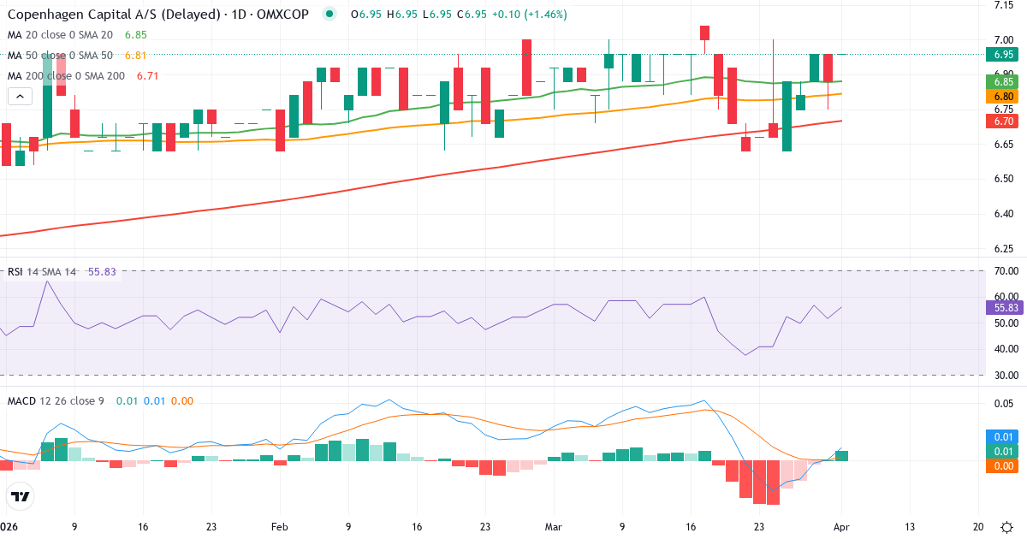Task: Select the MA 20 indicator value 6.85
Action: click(135, 35)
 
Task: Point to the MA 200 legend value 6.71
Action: click(147, 76)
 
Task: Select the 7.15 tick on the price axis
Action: click(1004, 5)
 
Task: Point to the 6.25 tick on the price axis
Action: click(1004, 249)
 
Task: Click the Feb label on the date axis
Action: click(280, 527)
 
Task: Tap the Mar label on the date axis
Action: click(554, 527)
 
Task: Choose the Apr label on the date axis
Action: click(841, 527)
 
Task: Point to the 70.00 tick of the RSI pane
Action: click(1004, 271)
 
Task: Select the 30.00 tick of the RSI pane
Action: click(1004, 375)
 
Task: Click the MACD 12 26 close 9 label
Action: click(56, 400)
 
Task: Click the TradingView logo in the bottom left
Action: click(20, 496)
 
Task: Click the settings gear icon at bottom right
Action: click(1007, 527)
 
